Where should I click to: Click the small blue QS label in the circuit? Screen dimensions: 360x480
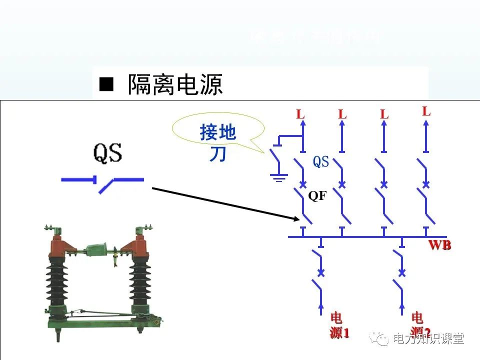(x=321, y=161)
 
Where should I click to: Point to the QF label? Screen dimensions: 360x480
(x=317, y=196)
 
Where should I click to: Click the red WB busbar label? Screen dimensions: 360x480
(x=439, y=245)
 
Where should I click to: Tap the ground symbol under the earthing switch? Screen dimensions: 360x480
(x=278, y=176)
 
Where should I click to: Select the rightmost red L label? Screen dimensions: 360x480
(x=426, y=111)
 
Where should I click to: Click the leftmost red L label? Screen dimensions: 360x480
(x=300, y=114)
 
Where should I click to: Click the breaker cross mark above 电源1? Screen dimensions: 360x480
(x=321, y=273)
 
